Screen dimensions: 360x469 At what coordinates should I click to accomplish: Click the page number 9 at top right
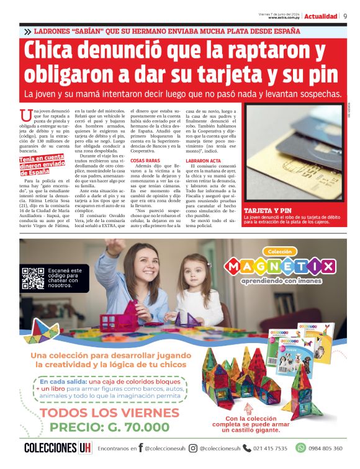pos(345,16)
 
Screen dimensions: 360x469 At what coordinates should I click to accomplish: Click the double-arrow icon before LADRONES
pos(27,31)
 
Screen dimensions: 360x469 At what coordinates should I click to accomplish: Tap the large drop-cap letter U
pos(25,115)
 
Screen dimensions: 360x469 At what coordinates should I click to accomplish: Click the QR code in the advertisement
pos(33,279)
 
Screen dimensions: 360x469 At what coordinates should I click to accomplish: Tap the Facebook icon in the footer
pos(141,448)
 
